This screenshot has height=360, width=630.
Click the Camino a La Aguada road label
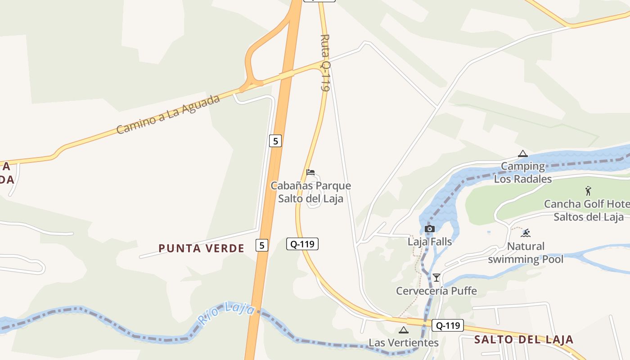tap(168, 114)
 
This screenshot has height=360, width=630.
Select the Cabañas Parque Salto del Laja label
tap(310, 192)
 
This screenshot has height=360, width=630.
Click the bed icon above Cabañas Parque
tap(310, 172)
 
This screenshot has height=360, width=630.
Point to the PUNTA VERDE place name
tap(202, 248)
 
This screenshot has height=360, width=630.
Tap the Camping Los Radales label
tap(523, 173)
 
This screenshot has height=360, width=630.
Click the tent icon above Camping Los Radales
tap(522, 154)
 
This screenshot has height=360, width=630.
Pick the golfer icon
tap(588, 191)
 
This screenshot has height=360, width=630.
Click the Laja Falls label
tap(430, 242)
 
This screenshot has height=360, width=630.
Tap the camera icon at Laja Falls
tap(430, 229)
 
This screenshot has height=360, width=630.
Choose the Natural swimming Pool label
tap(526, 252)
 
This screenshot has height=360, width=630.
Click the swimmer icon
tap(526, 233)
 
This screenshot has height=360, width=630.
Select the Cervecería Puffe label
tap(436, 291)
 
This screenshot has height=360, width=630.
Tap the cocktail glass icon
tap(436, 277)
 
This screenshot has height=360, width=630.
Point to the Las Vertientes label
tap(404, 343)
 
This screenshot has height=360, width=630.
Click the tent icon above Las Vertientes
tap(404, 330)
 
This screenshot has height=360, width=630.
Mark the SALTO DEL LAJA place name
tap(524, 340)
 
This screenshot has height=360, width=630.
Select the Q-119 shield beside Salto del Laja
tap(448, 325)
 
